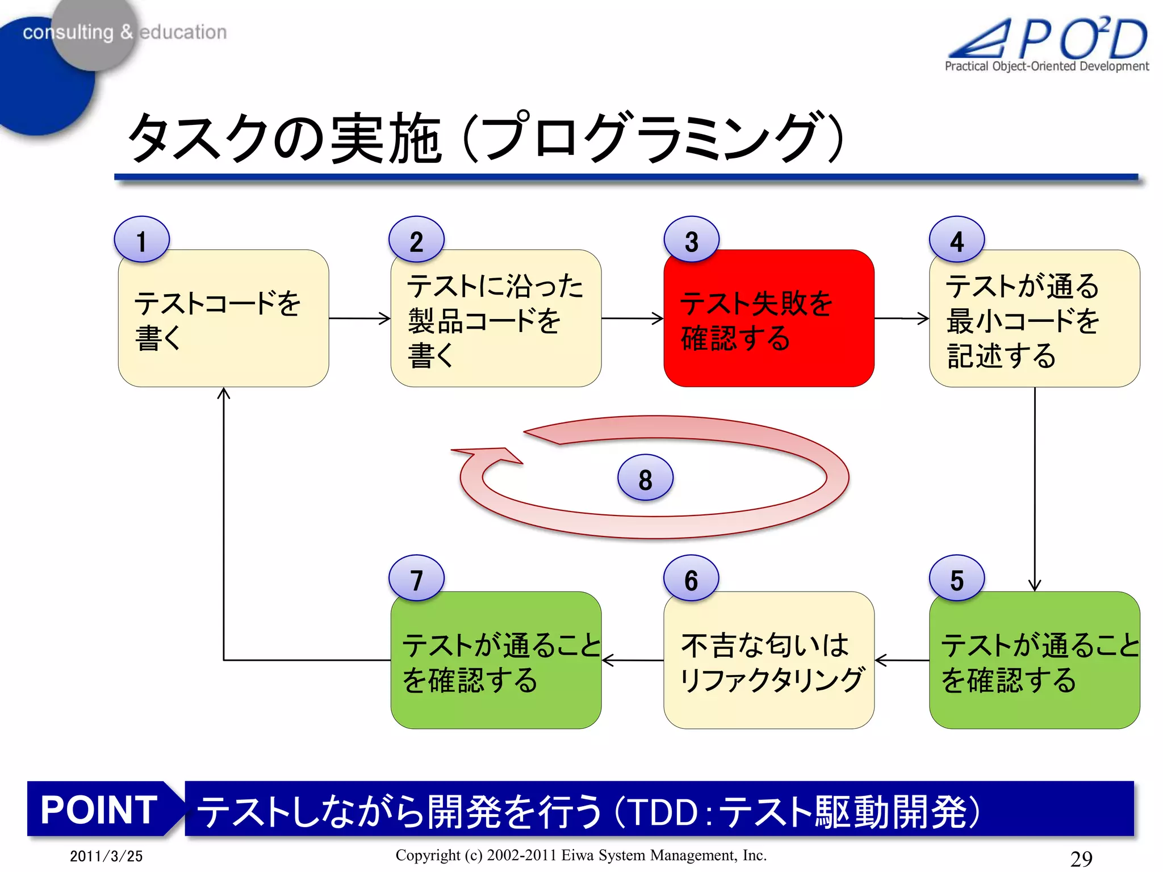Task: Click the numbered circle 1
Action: coord(141,240)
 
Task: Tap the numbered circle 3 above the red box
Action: coord(691,240)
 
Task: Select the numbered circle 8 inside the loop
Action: coord(645,479)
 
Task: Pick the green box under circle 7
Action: coord(495,661)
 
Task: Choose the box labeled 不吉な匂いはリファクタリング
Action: coord(768,661)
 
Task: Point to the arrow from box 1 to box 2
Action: coord(359,318)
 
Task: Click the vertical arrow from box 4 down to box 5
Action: coord(1035,488)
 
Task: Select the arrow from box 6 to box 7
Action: coord(632,660)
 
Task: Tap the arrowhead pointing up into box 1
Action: coord(224,393)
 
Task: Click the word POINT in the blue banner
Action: coord(99,810)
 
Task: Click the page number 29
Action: coord(1081,858)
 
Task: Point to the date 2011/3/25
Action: coord(106,856)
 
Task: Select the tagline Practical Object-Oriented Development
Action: coord(1046,66)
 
